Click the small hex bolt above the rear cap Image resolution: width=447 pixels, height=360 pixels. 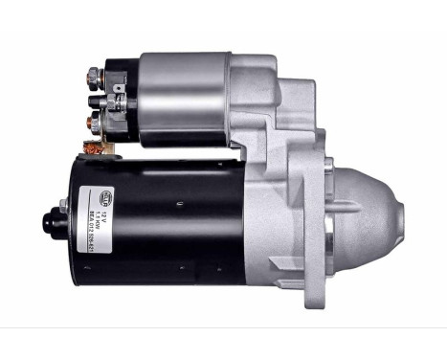click(x=62, y=205)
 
